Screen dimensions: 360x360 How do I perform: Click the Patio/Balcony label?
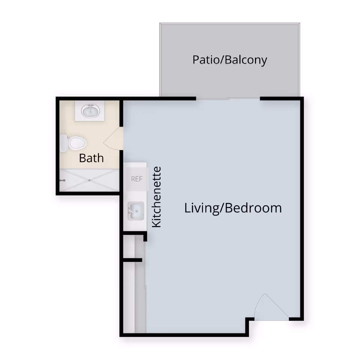click(229, 60)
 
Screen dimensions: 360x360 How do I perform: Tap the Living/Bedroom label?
click(233, 208)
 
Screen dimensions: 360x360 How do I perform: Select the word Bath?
click(91, 158)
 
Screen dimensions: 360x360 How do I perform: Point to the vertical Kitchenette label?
click(156, 197)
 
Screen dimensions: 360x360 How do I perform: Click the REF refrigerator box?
click(136, 179)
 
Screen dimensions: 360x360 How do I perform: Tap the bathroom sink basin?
click(91, 111)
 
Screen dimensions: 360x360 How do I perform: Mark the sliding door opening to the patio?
click(228, 99)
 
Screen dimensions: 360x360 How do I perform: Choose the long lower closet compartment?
click(129, 296)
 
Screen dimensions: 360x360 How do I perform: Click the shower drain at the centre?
click(90, 180)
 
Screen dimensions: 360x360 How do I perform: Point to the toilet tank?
click(63, 143)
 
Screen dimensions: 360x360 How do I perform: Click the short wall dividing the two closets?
click(132, 259)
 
